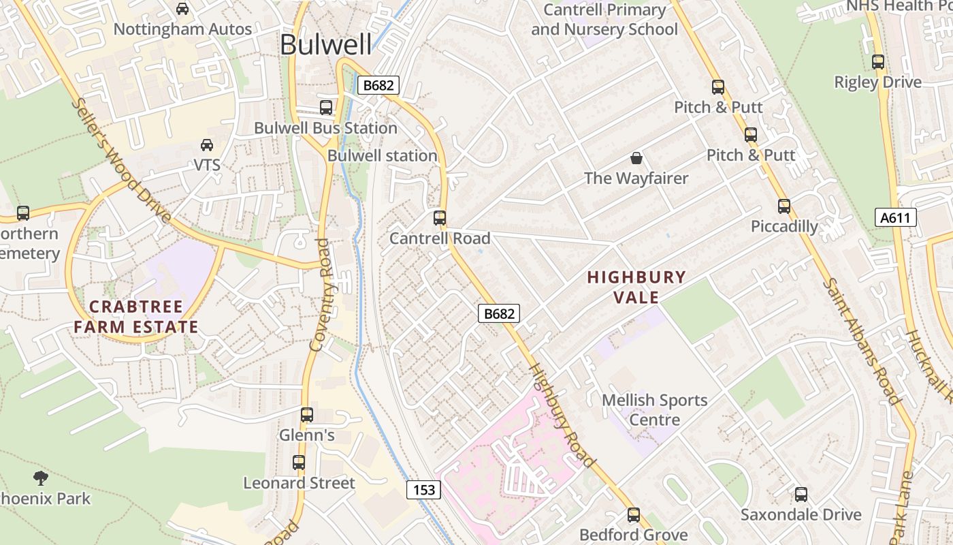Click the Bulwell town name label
[326, 45]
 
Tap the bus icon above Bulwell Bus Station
[326, 108]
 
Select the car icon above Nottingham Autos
[182, 9]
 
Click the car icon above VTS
[207, 145]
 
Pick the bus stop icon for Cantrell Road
[440, 218]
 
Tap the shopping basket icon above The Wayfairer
[636, 158]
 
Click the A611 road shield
[896, 217]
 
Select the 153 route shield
[424, 489]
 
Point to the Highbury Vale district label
[636, 287]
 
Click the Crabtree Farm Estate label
[136, 317]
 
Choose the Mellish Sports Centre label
[654, 409]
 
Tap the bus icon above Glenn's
[307, 414]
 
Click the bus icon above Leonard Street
[299, 463]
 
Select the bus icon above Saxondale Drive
[801, 495]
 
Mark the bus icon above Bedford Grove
[634, 515]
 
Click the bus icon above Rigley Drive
[878, 62]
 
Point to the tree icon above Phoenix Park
[41, 478]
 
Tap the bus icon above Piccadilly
[784, 206]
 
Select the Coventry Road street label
[323, 295]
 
